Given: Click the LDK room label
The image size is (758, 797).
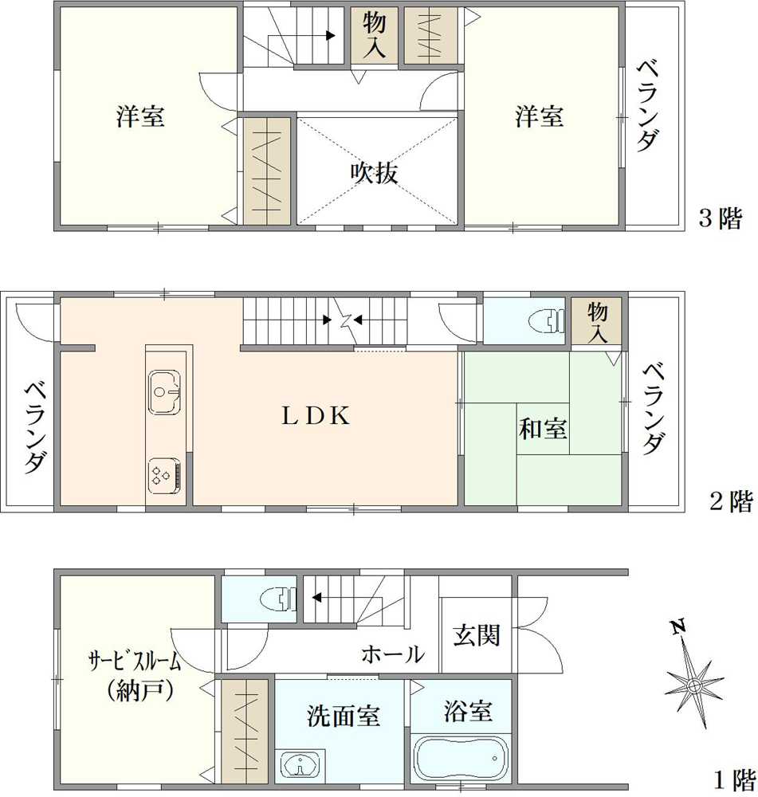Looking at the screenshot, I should click(x=315, y=416).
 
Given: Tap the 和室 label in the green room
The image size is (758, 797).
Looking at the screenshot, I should click(x=543, y=429).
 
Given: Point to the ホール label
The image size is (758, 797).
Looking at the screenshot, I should click(x=392, y=655).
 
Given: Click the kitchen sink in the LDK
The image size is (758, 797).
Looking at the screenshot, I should click(x=165, y=391).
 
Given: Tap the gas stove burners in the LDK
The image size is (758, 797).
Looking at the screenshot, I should click(x=163, y=475).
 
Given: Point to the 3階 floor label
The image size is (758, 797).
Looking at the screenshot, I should click(x=721, y=218).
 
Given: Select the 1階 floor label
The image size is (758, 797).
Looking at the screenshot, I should click(x=731, y=778).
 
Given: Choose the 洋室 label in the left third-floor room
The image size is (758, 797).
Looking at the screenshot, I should click(x=140, y=117).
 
